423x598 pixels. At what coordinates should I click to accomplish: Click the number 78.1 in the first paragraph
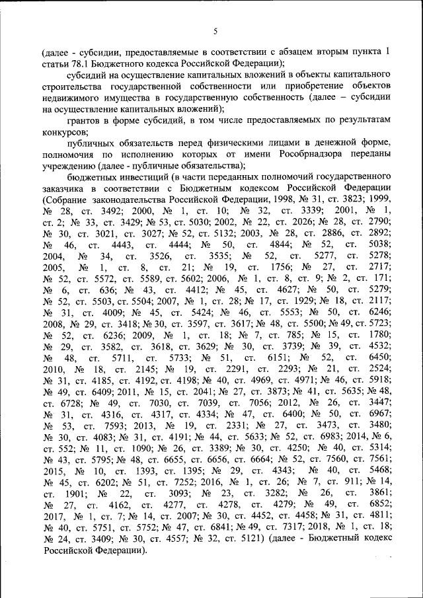click(71, 63)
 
